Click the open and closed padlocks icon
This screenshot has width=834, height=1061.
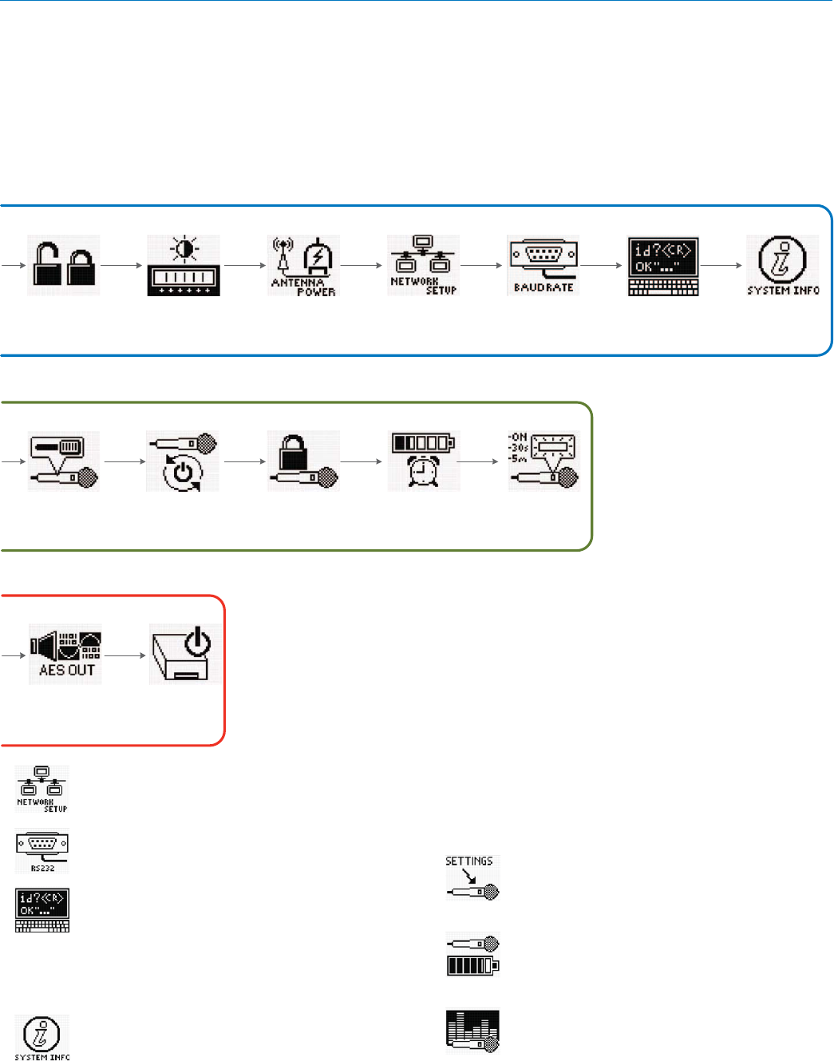pos(64,265)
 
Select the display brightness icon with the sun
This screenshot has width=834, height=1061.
pos(184,265)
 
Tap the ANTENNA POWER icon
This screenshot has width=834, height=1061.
pos(303,265)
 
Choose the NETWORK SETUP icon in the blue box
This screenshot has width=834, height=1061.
pos(423,265)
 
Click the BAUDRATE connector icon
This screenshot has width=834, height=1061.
pos(543,265)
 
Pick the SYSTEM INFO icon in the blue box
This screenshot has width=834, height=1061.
pos(783,265)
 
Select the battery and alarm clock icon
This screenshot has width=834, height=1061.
pos(423,461)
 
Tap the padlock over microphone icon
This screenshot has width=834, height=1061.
pos(303,461)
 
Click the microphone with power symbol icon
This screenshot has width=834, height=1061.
pos(183,461)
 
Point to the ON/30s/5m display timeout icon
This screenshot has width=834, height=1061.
pos(543,461)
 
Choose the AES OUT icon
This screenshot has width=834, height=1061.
pos(65,655)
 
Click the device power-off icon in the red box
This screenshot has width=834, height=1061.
pos(185,655)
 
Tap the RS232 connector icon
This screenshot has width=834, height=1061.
pos(42,851)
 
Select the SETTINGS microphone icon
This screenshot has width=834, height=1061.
pos(472,877)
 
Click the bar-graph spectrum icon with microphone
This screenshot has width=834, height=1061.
pos(472,1031)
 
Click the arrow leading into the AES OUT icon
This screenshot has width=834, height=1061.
pos(14,655)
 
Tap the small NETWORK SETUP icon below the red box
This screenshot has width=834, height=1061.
pos(42,789)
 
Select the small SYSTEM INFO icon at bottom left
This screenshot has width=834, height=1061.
pos(42,1037)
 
